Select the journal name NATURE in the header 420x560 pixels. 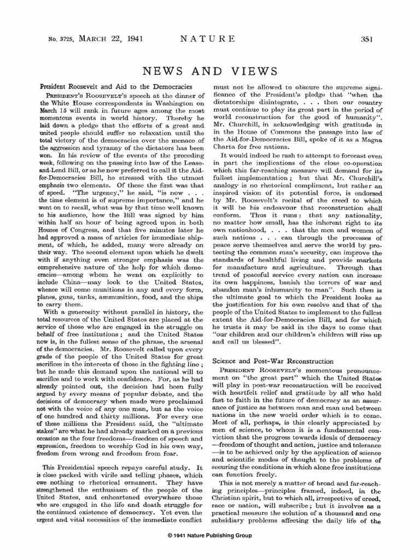[209, 38]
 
